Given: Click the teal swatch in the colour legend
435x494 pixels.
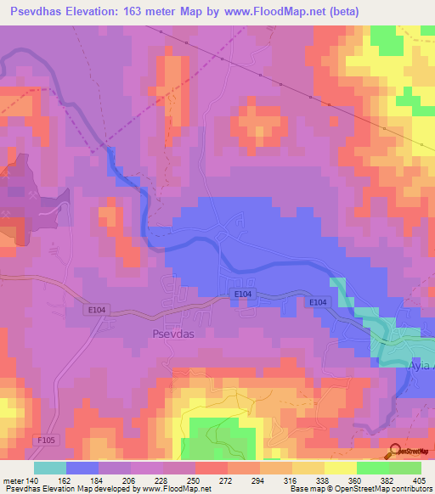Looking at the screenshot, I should pos(50,468).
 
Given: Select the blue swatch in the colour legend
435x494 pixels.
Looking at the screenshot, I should pos(82,468).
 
